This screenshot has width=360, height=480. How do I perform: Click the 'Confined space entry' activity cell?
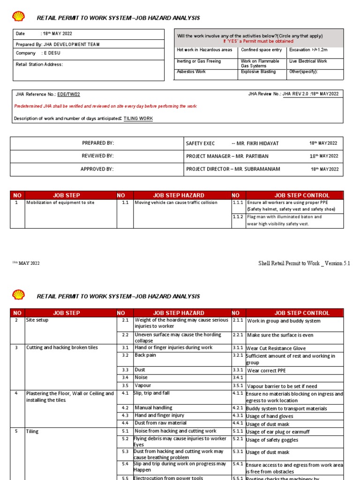[261, 50]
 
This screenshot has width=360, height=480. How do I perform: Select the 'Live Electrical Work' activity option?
[308, 61]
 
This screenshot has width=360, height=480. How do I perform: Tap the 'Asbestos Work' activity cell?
[191, 72]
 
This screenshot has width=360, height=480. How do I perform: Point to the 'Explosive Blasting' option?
[258, 72]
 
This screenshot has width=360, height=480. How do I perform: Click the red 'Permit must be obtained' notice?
[258, 41]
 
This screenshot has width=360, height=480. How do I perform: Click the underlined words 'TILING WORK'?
[138, 119]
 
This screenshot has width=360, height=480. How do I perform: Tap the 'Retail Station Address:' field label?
[39, 65]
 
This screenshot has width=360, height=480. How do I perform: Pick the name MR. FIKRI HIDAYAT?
[255, 143]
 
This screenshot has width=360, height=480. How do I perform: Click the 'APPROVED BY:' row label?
[97, 169]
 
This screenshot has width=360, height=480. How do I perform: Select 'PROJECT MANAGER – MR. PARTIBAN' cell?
[227, 156]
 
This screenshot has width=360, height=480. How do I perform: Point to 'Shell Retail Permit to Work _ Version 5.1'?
[304, 263]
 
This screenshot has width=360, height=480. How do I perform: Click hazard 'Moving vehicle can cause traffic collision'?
[176, 203]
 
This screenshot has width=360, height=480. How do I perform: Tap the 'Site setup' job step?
[37, 321]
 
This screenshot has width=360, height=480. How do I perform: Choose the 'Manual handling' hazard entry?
[153, 408]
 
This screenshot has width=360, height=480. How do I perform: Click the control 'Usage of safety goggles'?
[272, 440]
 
